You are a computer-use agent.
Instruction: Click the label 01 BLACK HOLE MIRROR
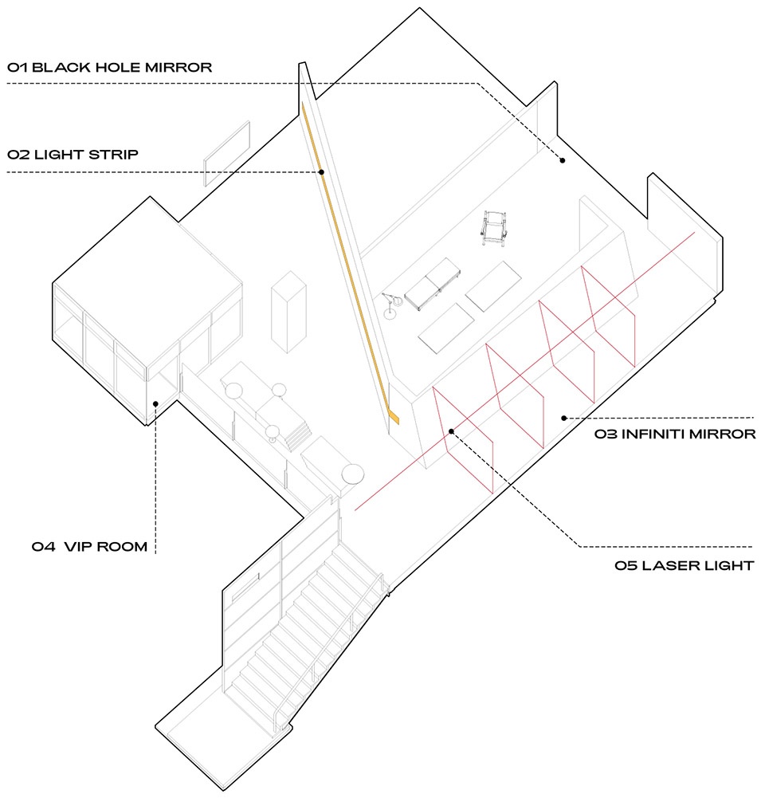click(109, 68)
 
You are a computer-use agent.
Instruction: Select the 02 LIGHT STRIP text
click(73, 155)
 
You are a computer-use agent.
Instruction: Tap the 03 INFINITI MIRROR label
click(675, 434)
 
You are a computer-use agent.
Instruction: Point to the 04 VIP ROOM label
click(89, 547)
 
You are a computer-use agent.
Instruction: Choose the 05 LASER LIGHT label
click(685, 566)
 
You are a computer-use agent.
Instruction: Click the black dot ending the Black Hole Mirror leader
click(563, 160)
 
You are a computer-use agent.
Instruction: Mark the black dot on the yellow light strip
click(321, 172)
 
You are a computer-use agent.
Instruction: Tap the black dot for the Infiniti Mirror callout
click(563, 418)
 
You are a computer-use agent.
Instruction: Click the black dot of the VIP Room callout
click(155, 403)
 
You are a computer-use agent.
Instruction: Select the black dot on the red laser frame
click(451, 431)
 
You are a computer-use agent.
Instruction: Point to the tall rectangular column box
click(288, 312)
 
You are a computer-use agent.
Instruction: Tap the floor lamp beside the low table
click(392, 305)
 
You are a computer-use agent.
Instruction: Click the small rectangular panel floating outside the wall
click(227, 153)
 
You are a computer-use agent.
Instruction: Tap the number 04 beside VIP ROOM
click(44, 547)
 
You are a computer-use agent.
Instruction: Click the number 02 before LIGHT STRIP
click(18, 155)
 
